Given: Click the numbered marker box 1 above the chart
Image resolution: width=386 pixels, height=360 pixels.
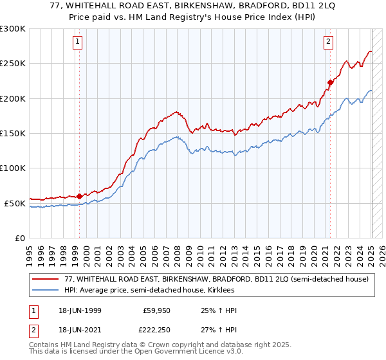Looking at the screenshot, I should [x=77, y=42].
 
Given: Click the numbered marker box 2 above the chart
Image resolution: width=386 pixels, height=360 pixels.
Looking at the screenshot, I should [x=328, y=42].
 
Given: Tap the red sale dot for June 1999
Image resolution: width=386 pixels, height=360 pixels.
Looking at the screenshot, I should [x=79, y=196].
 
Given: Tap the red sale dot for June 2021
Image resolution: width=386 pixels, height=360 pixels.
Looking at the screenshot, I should [x=330, y=82].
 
